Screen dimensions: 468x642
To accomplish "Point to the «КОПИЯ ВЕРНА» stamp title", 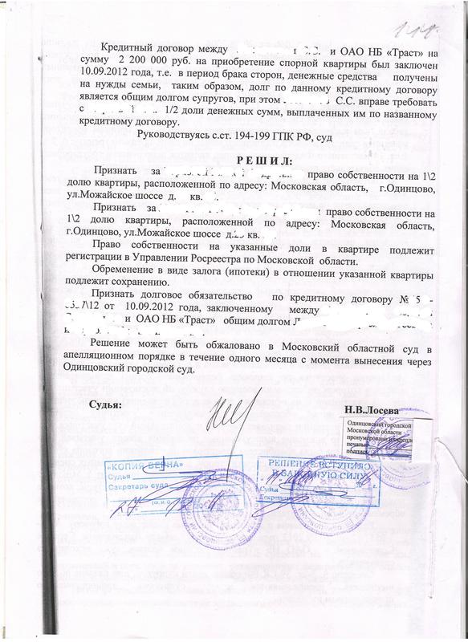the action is click(x=148, y=466).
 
